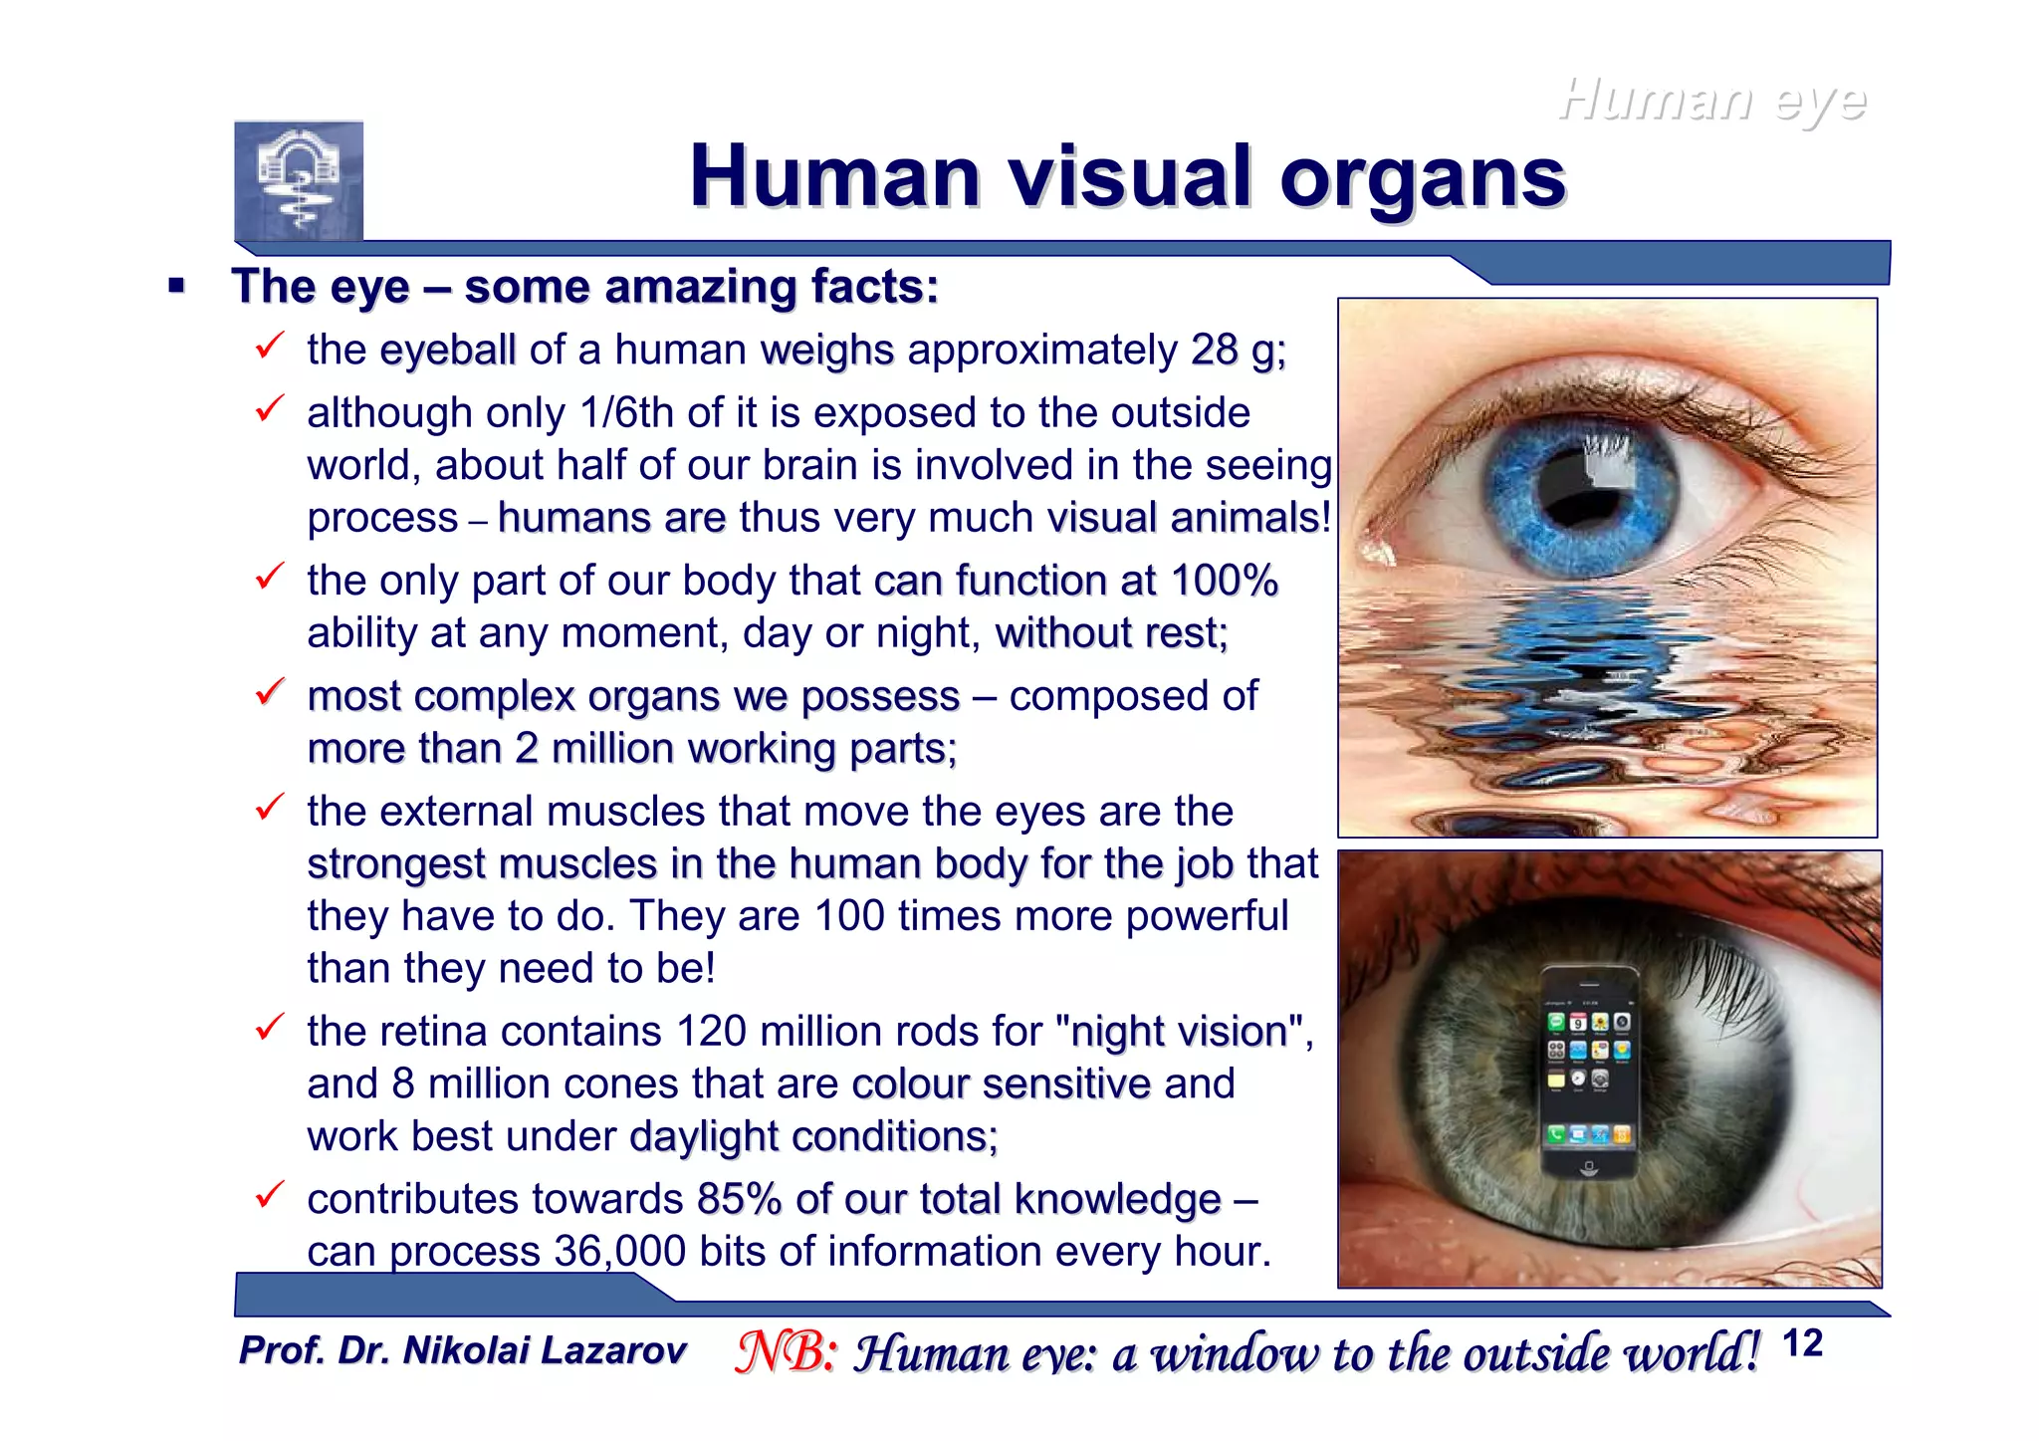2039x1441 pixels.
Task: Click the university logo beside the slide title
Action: click(299, 181)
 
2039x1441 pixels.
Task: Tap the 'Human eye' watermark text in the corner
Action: click(1711, 101)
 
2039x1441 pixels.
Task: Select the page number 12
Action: click(1802, 1343)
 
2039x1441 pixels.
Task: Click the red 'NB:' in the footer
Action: click(786, 1352)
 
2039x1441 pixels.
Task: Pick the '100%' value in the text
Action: click(1224, 581)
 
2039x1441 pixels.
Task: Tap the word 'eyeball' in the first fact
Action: click(447, 350)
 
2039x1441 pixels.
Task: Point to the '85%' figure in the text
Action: click(739, 1199)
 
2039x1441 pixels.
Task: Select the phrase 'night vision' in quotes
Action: click(1179, 1032)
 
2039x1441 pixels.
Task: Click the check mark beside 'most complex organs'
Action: click(270, 691)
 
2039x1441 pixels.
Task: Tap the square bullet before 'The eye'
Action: click(177, 287)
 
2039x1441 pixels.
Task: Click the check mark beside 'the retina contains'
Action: click(270, 1027)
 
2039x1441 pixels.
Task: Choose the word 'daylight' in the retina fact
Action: click(704, 1136)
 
